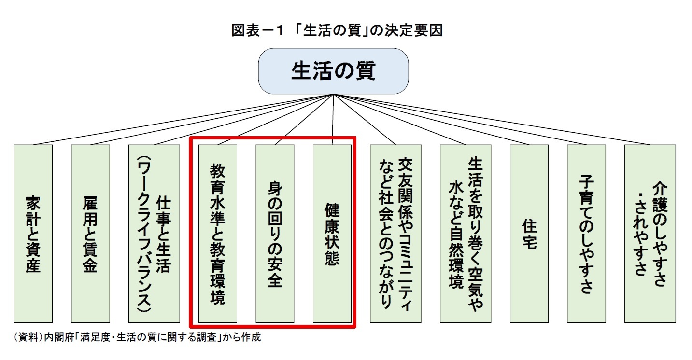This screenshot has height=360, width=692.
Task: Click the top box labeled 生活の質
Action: point(333,71)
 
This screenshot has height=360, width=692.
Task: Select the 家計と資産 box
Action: point(33,234)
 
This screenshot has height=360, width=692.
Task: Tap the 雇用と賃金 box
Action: point(90,234)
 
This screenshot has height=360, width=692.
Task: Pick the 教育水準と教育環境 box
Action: point(217,234)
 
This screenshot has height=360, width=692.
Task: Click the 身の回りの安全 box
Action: point(275,234)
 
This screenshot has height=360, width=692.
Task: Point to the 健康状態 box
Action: point(332,234)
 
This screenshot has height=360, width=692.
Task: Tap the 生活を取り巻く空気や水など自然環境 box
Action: point(466,234)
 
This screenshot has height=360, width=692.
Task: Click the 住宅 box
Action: point(529,234)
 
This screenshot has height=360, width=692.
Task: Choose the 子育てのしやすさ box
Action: point(586,234)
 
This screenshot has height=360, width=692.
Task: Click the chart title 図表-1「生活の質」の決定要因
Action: point(337,31)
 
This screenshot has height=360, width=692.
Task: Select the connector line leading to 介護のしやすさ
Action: point(488,120)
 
